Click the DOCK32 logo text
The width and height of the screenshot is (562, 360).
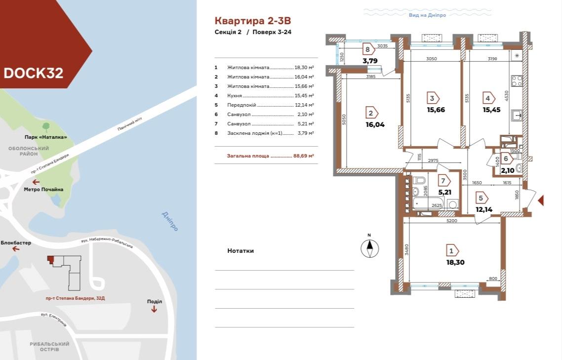pyautogui.click(x=33, y=73)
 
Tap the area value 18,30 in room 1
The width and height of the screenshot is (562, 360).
pyautogui.click(x=455, y=262)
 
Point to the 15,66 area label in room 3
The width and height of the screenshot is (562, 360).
pyautogui.click(x=436, y=110)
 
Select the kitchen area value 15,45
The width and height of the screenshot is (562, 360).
pyautogui.click(x=491, y=110)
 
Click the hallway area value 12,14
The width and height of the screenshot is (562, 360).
pyautogui.click(x=485, y=209)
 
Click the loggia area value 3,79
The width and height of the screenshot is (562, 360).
pyautogui.click(x=370, y=61)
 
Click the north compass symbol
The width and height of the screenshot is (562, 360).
pyautogui.click(x=369, y=247)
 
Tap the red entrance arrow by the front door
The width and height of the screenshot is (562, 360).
pyautogui.click(x=541, y=200)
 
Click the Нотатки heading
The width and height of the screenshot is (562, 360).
pyautogui.click(x=241, y=251)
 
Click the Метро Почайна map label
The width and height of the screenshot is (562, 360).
pyautogui.click(x=43, y=189)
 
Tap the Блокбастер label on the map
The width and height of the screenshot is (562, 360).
pyautogui.click(x=16, y=243)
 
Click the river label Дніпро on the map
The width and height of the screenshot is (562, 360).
pyautogui.click(x=169, y=221)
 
